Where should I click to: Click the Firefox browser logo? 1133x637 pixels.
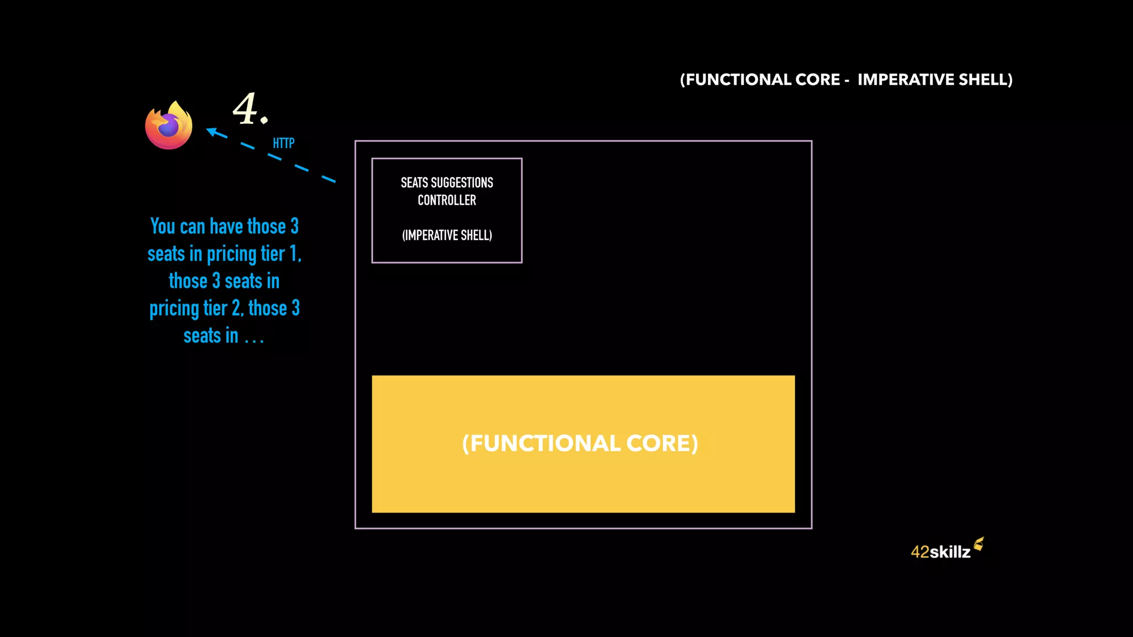169,126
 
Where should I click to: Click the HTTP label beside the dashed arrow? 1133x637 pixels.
283,144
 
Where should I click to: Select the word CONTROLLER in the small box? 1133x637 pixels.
447,200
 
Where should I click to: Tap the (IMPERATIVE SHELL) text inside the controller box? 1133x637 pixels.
447,236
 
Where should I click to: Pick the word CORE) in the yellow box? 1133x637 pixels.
662,443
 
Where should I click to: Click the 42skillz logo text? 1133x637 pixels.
940,552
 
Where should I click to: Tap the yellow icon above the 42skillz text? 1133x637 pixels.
979,544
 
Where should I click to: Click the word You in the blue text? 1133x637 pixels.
163,227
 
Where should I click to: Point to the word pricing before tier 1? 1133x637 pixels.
231,254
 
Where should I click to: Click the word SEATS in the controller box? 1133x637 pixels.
414,183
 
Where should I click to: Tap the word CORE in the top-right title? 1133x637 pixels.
818,80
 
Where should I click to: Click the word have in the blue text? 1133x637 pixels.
226,227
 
